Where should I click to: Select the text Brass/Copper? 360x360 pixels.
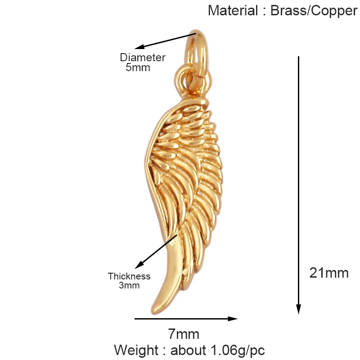click(x=314, y=10)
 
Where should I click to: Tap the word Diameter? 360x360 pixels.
click(x=143, y=58)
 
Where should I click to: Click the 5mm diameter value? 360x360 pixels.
click(x=138, y=68)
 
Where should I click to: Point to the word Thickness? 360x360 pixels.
click(x=129, y=276)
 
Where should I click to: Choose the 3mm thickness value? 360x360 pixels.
click(x=129, y=285)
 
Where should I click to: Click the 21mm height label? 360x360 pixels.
click(x=329, y=273)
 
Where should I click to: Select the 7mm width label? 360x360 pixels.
click(x=184, y=334)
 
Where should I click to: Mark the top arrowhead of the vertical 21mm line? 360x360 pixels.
click(x=298, y=58)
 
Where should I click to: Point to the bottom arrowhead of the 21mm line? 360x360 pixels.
click(x=298, y=309)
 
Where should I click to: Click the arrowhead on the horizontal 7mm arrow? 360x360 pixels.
click(x=233, y=319)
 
